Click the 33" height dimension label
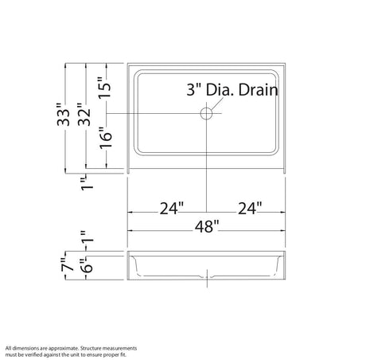click(x=64, y=115)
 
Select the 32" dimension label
click(x=84, y=115)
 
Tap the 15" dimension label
click(x=105, y=88)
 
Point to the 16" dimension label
click(x=106, y=138)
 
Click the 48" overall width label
click(x=207, y=226)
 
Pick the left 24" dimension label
click(x=172, y=208)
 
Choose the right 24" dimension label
click(x=250, y=208)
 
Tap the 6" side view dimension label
click(x=88, y=265)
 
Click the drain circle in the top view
click(x=206, y=114)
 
